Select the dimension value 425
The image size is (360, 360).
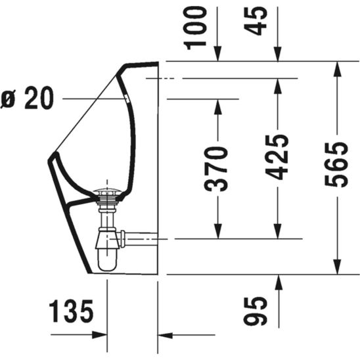[278, 158]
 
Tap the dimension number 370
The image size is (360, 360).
[217, 169]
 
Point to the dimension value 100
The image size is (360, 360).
[196, 26]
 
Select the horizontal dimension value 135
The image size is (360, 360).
[72, 311]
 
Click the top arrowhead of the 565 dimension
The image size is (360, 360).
[338, 68]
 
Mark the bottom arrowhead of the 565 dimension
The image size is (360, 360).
[338, 267]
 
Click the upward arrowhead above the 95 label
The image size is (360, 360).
[278, 281]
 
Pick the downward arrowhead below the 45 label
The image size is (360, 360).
[278, 56]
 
